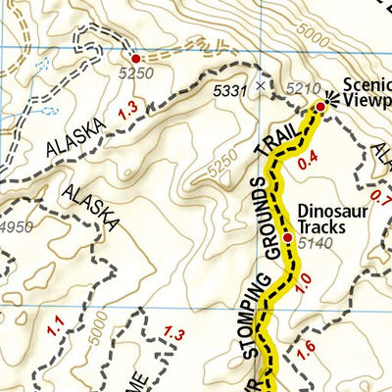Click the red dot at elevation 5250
(x=135, y=58)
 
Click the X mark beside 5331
(x=260, y=86)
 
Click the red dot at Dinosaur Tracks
(x=288, y=238)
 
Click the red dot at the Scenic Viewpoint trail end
(x=319, y=106)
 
